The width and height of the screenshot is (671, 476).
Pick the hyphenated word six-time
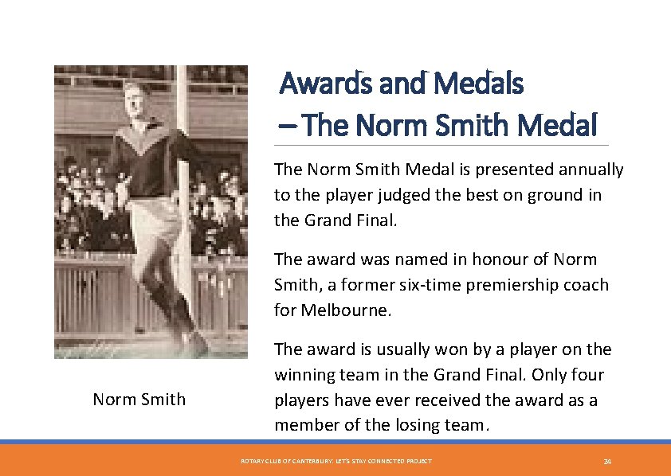[424, 285]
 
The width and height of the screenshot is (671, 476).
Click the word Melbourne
[344, 310]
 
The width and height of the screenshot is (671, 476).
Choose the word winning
[304, 375]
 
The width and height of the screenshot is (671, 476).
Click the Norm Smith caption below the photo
[139, 400]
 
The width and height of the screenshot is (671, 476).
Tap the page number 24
[606, 462]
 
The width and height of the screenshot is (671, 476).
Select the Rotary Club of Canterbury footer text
[336, 462]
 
